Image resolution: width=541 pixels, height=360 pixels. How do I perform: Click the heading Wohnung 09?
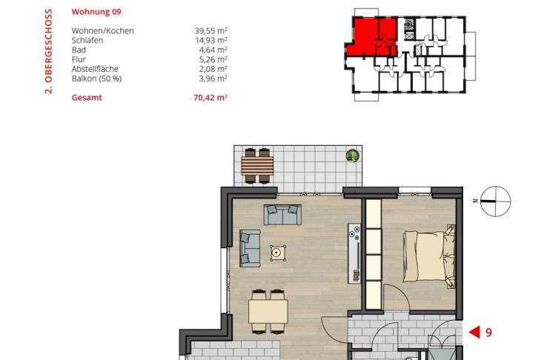96,12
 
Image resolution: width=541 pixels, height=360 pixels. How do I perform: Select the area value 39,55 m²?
210,30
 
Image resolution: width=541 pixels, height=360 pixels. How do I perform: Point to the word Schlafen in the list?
87,40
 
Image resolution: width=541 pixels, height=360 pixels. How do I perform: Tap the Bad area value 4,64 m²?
213,50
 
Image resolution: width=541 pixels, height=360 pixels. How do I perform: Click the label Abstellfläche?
95,69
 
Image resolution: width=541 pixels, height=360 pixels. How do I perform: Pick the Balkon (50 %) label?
96,79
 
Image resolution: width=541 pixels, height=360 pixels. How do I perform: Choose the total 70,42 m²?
210,98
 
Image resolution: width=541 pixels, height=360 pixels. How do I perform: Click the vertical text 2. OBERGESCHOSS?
48,51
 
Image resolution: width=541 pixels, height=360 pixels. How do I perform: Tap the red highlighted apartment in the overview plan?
371,37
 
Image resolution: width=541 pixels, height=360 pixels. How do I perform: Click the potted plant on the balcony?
352,156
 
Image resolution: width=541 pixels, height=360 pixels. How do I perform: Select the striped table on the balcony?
257,166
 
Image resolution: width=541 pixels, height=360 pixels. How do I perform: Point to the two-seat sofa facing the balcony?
282,215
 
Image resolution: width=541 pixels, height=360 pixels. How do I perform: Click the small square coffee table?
278,253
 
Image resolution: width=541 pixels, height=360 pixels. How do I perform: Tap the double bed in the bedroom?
429,256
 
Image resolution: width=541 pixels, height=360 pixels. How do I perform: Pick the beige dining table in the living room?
268,311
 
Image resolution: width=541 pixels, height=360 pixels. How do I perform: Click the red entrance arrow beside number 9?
474,333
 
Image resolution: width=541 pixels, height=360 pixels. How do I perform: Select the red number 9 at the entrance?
488,333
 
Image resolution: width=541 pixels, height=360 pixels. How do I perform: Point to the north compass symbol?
495,201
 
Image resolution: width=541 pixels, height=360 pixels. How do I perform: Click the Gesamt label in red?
87,98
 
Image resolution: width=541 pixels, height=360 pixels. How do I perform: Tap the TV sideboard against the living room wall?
354,253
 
